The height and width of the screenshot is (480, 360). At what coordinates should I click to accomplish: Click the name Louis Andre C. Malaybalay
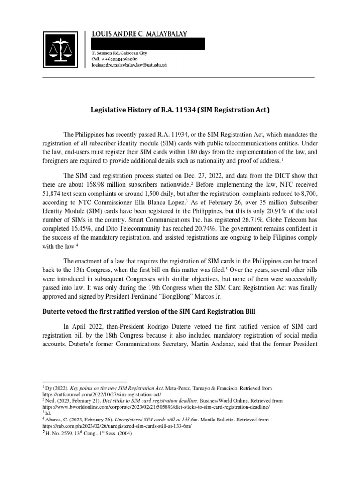[139, 34]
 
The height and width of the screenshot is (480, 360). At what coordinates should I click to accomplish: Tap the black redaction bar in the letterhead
[148, 45]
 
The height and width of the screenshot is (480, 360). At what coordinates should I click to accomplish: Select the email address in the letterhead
[130, 67]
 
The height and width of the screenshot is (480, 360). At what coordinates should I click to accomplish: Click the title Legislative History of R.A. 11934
[180, 111]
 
